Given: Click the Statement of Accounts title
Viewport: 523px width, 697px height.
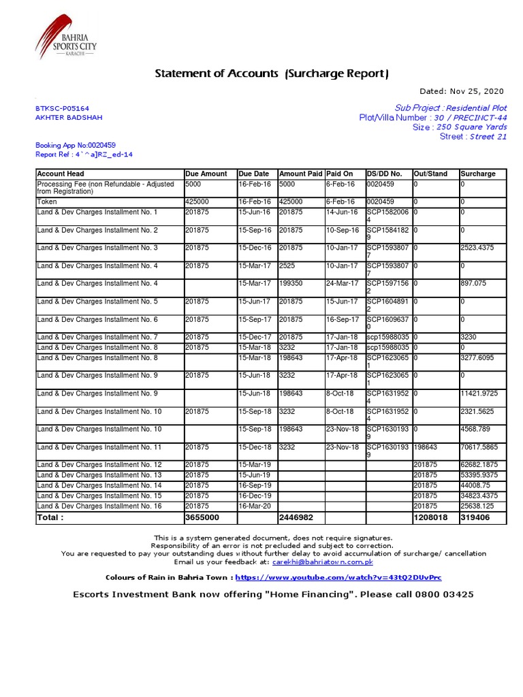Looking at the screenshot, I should point(272,74).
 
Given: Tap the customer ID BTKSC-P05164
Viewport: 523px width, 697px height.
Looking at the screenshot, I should point(62,108).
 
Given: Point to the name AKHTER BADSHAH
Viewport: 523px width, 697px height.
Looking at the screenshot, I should point(69,117).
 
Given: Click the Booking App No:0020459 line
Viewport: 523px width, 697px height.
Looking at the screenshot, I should point(75,145).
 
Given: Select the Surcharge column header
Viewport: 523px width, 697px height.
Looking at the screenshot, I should point(478,174).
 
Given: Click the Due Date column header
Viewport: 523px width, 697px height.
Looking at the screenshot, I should point(254,174).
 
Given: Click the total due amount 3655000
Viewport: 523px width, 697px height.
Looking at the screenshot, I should point(202,518).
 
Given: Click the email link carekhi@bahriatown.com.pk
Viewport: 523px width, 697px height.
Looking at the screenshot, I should point(322,562).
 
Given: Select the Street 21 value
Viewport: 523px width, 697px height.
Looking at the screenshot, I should point(488,136).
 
